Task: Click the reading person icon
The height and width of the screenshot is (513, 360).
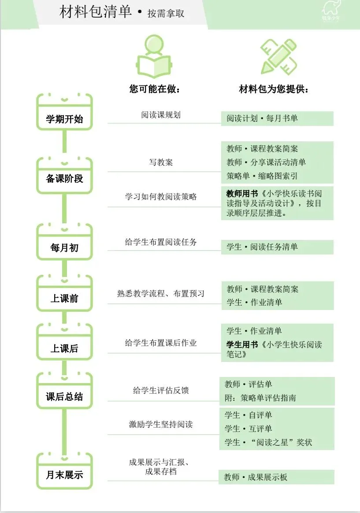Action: point(154,57)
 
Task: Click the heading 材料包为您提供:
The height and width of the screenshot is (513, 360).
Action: point(274,89)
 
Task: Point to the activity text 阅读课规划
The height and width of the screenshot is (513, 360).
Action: point(161,114)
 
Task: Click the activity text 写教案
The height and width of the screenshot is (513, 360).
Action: point(161,162)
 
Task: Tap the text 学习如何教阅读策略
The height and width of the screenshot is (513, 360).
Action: point(161,196)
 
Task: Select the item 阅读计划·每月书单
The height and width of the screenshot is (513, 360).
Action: point(262,118)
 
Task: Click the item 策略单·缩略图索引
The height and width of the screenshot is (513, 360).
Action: point(262,176)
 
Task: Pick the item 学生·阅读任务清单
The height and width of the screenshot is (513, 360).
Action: point(262,247)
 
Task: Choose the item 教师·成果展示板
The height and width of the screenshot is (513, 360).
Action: point(256,477)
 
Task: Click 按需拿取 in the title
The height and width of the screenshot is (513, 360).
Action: point(166,14)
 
